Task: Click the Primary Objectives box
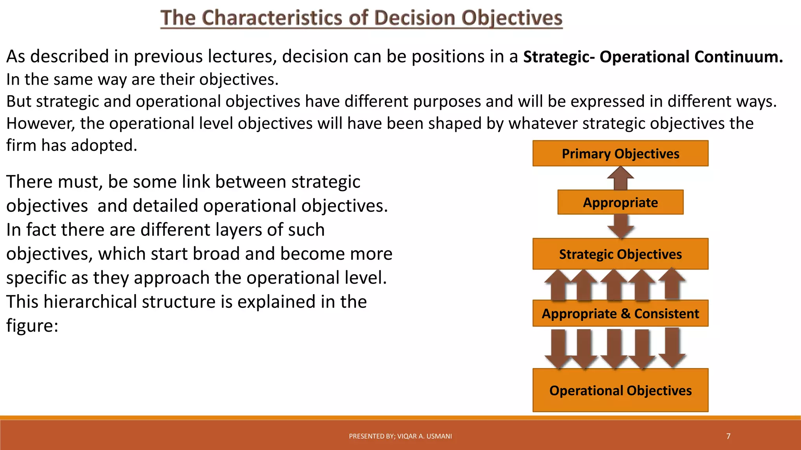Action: (x=620, y=154)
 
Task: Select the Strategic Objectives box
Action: (x=620, y=254)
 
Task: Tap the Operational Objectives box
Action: (x=620, y=390)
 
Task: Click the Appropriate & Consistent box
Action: (x=620, y=313)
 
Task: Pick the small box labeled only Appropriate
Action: (x=620, y=202)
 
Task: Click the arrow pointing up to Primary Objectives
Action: (x=621, y=179)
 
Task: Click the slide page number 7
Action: (x=728, y=436)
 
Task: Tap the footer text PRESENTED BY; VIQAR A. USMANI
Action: (x=400, y=436)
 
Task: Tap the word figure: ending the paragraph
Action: (x=32, y=325)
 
